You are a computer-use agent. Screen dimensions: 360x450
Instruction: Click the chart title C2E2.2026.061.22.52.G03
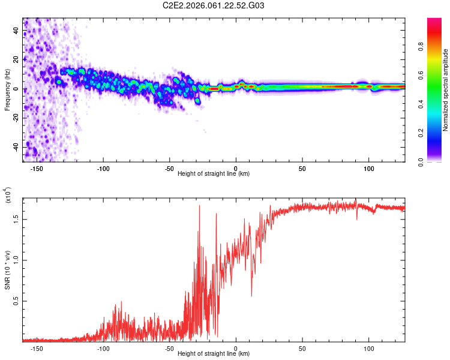click(214, 5)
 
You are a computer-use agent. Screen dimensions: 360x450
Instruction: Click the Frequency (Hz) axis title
click(7, 90)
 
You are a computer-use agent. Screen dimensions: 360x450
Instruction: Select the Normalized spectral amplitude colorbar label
click(446, 90)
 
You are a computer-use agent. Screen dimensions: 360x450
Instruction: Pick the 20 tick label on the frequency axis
click(16, 59)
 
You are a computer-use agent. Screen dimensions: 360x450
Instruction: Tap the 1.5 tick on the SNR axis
click(16, 219)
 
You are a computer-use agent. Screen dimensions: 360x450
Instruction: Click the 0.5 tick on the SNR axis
click(16, 301)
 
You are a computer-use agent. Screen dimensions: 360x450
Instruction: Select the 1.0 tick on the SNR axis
click(16, 260)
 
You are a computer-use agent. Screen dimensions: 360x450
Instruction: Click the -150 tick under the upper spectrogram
click(37, 169)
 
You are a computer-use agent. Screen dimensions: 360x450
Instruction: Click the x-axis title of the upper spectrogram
click(214, 174)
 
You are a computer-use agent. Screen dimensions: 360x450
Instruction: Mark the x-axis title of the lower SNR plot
click(214, 354)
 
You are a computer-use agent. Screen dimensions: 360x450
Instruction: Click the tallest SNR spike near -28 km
click(199, 206)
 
